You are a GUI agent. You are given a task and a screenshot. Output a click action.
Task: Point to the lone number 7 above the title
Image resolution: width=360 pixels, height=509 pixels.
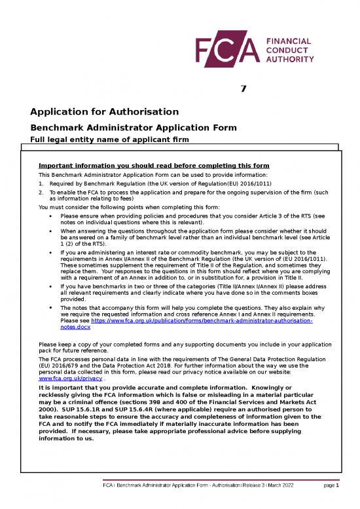(x=243, y=90)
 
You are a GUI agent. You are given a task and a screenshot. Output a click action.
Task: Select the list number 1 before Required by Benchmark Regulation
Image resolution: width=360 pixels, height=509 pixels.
(x=41, y=184)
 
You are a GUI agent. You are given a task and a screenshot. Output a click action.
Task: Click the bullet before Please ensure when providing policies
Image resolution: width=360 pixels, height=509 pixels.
(x=51, y=216)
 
